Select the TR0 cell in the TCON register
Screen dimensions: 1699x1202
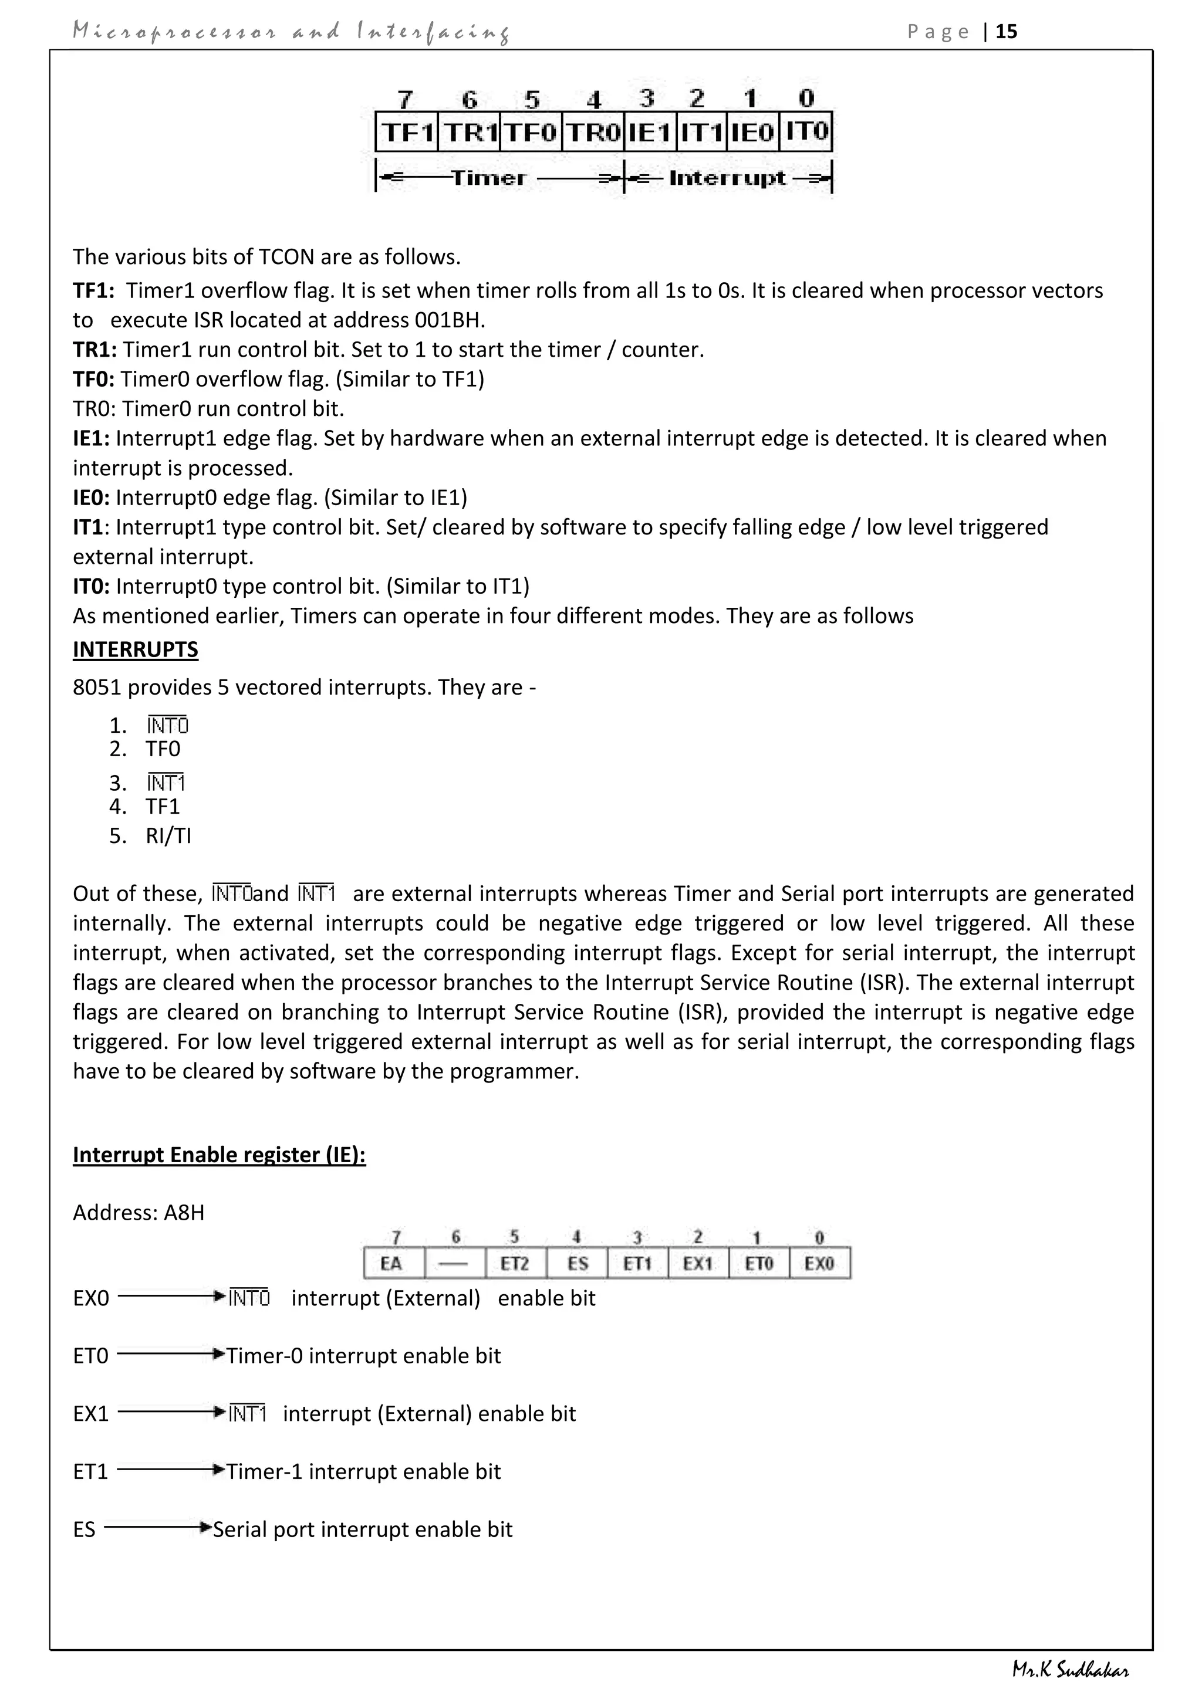click(593, 133)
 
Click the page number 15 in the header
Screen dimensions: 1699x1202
click(1007, 32)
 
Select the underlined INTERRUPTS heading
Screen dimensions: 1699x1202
click(136, 649)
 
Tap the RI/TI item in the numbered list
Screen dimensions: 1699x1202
click(169, 836)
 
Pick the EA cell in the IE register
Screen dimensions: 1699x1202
click(391, 1263)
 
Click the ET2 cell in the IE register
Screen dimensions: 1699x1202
click(515, 1263)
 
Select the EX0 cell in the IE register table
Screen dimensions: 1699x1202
click(819, 1263)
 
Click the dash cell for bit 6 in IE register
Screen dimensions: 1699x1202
click(454, 1263)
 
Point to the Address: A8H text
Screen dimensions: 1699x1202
click(139, 1213)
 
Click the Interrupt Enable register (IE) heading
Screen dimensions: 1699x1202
click(219, 1155)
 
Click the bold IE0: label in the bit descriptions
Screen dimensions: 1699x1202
click(91, 498)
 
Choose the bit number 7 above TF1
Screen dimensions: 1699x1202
click(405, 99)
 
